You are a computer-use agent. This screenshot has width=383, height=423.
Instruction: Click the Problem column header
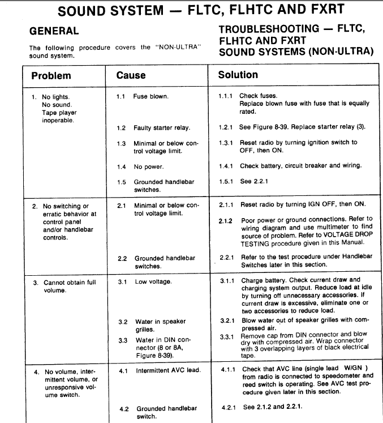point(51,75)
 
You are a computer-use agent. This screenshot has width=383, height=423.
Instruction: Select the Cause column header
point(131,75)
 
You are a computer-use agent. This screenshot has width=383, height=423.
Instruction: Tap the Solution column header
point(238,74)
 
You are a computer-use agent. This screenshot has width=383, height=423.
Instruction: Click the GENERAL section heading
point(54,31)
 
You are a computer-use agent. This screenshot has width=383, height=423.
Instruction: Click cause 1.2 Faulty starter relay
point(161,128)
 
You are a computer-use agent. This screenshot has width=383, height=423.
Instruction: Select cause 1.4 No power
point(148,167)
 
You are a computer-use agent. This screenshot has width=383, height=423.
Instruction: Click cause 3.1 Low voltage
point(153,281)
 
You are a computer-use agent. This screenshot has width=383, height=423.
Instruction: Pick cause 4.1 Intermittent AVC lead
point(168,371)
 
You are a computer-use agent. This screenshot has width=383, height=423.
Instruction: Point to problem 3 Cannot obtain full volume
point(65,286)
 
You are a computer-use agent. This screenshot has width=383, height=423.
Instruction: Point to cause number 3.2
point(123,322)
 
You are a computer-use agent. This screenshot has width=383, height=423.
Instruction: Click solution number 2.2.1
point(227,258)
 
